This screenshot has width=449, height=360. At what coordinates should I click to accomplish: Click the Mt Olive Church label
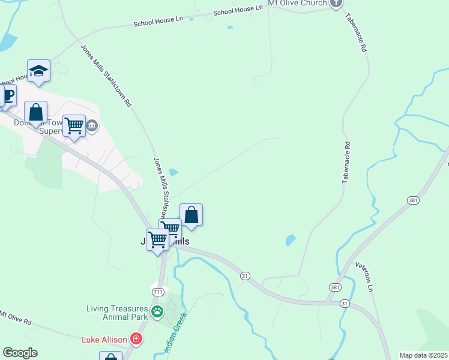tap(297, 4)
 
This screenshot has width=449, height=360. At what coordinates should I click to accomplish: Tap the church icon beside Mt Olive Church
tap(336, 4)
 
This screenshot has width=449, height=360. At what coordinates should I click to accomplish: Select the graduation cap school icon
tap(38, 71)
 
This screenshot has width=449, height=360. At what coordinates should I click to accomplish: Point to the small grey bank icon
tap(92, 126)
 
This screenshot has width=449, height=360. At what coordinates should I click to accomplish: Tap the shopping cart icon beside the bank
tap(74, 126)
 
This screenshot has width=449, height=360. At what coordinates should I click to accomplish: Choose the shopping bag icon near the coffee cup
tap(35, 112)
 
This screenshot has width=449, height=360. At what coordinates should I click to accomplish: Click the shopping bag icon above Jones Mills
tap(191, 215)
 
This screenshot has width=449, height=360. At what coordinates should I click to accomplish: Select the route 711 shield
tap(158, 292)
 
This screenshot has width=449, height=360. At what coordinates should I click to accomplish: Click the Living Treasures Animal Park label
tap(116, 313)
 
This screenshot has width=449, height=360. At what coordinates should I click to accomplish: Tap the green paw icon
tap(157, 311)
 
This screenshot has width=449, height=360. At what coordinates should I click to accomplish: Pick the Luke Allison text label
tap(104, 340)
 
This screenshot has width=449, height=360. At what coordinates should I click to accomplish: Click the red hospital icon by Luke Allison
tap(137, 340)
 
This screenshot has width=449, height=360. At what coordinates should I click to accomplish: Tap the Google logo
tap(20, 353)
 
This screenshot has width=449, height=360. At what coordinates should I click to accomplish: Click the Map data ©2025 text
tap(423, 355)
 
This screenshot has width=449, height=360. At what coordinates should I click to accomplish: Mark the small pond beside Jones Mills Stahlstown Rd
tap(173, 173)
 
